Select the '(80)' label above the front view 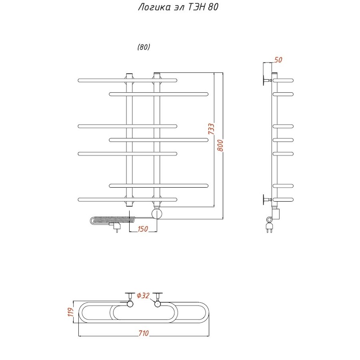tap(144, 47)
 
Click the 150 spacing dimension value tap(143, 229)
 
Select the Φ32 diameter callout tap(143, 296)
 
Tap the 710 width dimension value tap(143, 333)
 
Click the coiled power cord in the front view tap(112, 220)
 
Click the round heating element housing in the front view tap(157, 213)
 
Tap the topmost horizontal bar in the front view tap(128, 80)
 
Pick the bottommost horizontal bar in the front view tap(128, 199)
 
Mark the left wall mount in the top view tap(130, 299)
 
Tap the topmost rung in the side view tap(284, 80)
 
